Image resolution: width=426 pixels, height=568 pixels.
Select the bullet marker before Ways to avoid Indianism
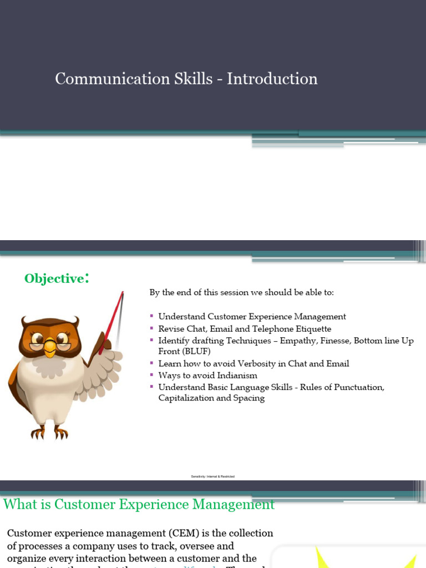click(x=152, y=375)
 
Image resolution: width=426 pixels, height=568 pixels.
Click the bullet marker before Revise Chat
click(x=152, y=328)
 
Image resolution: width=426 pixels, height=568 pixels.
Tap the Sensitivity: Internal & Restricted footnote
click(x=212, y=476)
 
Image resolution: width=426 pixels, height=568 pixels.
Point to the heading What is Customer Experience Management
click(x=139, y=504)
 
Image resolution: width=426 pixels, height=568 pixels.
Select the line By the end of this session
click(x=242, y=292)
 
